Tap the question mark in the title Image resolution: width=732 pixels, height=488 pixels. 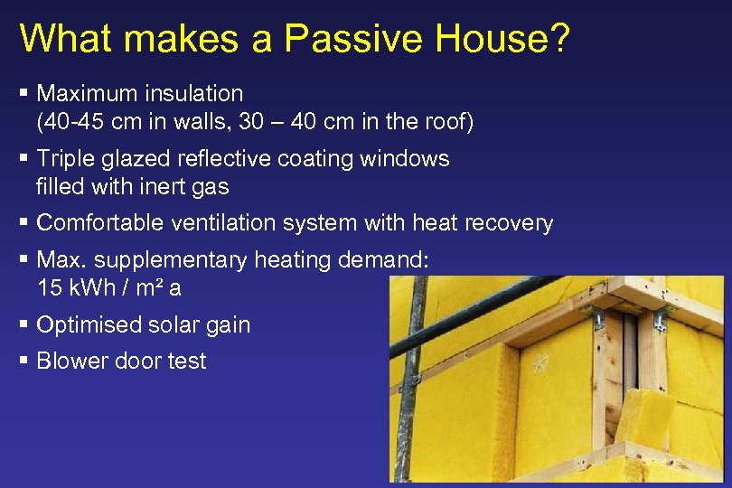point(557,38)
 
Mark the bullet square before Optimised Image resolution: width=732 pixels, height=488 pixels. point(23,324)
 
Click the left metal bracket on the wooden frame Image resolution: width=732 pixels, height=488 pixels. point(597,317)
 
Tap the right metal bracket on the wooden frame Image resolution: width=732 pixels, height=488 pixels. point(662,319)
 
